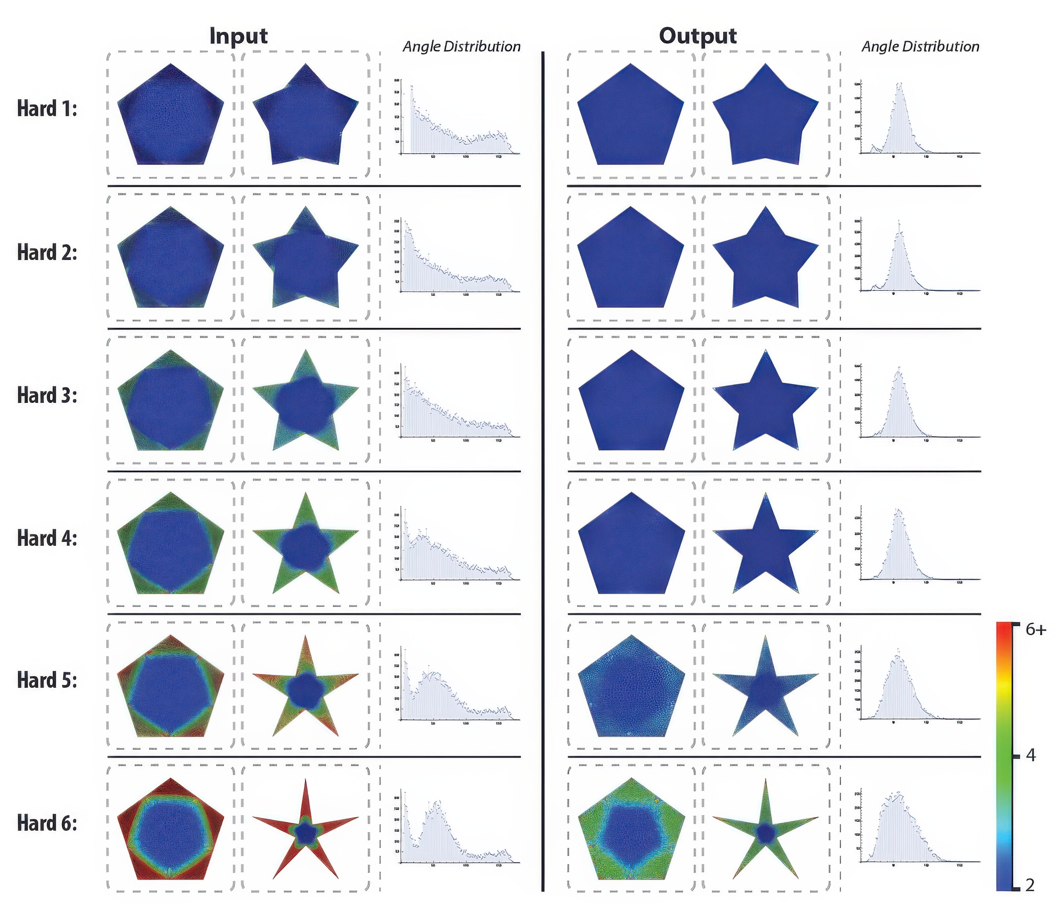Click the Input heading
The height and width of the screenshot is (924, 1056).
(238, 36)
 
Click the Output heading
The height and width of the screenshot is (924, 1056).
(697, 36)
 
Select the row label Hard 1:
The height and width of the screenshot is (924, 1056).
(47, 109)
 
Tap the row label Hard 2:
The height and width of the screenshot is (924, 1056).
(47, 252)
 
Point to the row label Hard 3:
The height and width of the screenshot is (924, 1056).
(47, 395)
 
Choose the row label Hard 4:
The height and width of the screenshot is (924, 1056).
(47, 538)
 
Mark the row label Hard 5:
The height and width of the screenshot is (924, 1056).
(47, 680)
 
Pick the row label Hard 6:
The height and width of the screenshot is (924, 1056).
(47, 823)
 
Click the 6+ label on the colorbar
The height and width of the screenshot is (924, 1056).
(1036, 629)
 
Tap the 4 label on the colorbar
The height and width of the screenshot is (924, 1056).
(1031, 756)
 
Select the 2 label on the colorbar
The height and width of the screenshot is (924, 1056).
(1030, 884)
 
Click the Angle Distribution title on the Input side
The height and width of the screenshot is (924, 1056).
(461, 47)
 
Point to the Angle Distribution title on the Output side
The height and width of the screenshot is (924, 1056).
(920, 47)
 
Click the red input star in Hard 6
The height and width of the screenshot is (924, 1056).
(305, 833)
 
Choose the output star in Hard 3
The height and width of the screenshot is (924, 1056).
(765, 401)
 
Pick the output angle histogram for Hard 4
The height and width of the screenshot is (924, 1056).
(919, 547)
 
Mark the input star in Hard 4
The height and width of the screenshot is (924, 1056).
(305, 544)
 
